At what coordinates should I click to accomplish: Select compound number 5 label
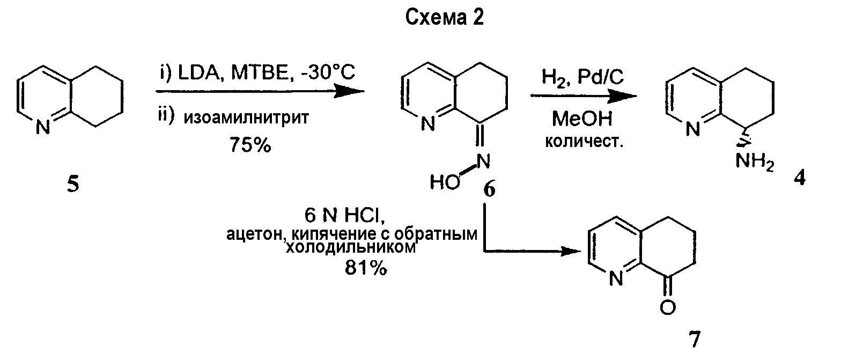tap(73, 185)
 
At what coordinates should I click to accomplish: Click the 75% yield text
tap(250, 144)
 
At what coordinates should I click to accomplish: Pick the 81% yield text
tap(366, 268)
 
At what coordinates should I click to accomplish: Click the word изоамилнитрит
tap(246, 117)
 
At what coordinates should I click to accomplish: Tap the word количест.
tap(584, 142)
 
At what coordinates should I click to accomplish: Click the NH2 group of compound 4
tap(755, 162)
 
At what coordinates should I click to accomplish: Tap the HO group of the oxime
tap(445, 182)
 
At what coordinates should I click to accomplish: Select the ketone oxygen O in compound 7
tap(668, 308)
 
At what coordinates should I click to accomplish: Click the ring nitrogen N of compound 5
tap(43, 127)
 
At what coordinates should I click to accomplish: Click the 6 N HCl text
tap(344, 216)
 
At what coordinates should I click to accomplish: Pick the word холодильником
tap(351, 247)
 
